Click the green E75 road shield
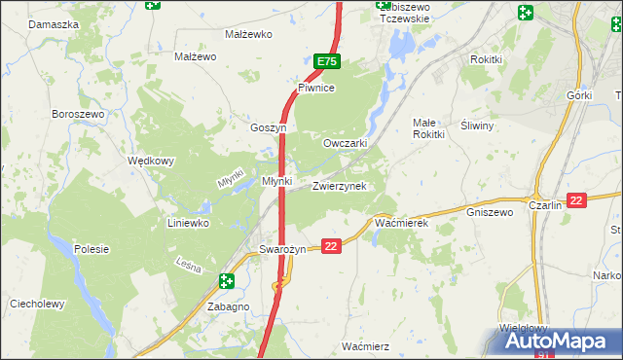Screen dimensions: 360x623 [x=327, y=61]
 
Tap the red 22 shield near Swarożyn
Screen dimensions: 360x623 [x=331, y=247]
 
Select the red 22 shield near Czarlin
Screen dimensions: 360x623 [x=576, y=200]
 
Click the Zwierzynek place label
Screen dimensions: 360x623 [x=339, y=186]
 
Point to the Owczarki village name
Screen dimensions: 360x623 [x=345, y=143]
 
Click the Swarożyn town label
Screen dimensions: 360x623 [x=283, y=249]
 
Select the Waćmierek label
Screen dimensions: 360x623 [x=402, y=223]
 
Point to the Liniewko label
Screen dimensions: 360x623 [x=191, y=223]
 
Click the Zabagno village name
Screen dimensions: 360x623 [x=229, y=306]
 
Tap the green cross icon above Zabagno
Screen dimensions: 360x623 [x=227, y=282]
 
